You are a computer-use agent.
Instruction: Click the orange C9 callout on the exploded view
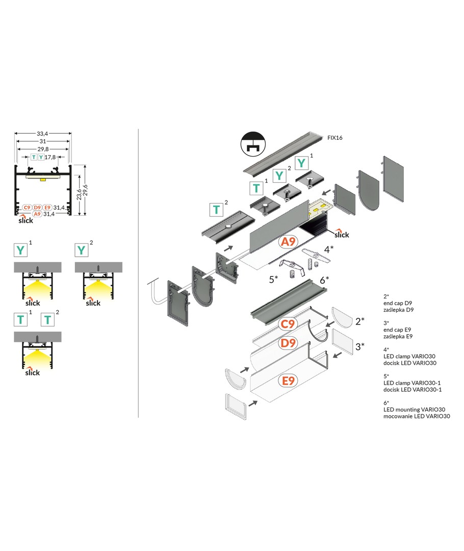click(289, 323)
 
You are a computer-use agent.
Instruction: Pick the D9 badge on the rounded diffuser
click(289, 343)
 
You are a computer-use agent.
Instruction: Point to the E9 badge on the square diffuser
click(289, 380)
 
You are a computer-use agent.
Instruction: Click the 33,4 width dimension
click(43, 134)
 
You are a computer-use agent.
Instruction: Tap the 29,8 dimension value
click(43, 149)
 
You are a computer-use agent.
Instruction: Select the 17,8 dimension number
click(50, 157)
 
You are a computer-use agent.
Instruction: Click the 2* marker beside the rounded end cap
click(360, 321)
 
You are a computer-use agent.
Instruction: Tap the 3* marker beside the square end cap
click(360, 347)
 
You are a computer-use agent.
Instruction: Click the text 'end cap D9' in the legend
click(398, 303)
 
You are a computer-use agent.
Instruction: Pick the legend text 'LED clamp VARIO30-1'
click(412, 383)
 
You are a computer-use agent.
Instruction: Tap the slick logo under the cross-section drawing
click(26, 220)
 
